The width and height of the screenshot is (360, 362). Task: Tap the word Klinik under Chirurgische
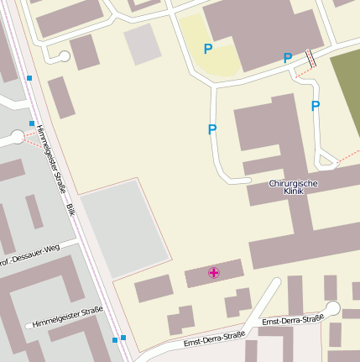coord(293,191)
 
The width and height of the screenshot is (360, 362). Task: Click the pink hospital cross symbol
coord(214,272)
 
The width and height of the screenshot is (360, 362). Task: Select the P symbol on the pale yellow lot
coord(208,49)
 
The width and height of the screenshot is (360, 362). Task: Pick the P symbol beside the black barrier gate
coord(288,58)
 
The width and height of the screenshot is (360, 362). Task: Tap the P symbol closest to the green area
coord(316,106)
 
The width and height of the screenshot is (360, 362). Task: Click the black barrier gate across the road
coord(311,59)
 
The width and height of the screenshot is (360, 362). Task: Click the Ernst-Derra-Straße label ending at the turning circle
coord(293,321)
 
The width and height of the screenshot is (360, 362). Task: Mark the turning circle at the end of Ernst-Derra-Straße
coord(333,308)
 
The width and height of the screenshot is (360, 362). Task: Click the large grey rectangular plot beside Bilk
coord(124,228)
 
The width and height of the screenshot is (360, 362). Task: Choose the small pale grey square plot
coord(143,44)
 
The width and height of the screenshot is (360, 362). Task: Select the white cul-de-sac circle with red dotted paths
coord(18,138)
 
